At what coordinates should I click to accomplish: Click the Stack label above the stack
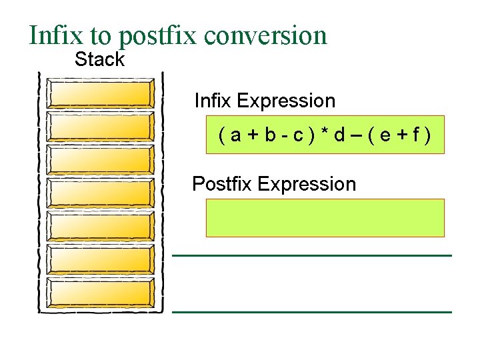tap(99, 59)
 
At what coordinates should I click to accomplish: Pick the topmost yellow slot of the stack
tap(101, 94)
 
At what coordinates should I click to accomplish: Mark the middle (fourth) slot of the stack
tap(101, 193)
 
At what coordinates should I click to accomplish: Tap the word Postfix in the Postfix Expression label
tap(221, 184)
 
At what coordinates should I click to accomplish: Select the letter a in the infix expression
tap(235, 136)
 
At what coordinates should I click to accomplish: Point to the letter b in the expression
tap(269, 136)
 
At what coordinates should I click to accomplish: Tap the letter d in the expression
tap(339, 136)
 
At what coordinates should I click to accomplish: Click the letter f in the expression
tap(415, 136)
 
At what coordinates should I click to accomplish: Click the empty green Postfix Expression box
tap(325, 217)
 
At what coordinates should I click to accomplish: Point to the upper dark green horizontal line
tap(312, 255)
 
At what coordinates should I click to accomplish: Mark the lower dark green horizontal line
tap(312, 311)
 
